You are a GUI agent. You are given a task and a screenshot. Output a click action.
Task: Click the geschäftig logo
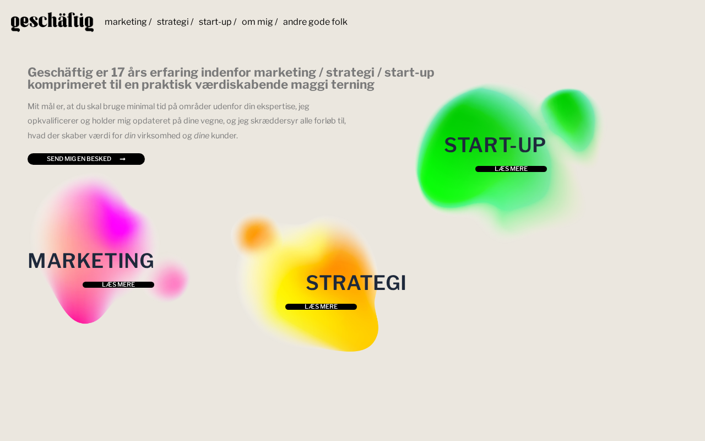[x=52, y=21]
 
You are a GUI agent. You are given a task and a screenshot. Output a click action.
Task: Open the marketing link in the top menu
[x=126, y=21]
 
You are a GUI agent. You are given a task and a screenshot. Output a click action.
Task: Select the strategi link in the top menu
[x=173, y=21]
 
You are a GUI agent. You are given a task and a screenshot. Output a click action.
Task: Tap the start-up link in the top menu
[x=215, y=21]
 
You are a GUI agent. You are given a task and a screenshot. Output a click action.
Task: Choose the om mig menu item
[x=257, y=21]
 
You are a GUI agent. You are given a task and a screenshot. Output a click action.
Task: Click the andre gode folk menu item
[x=315, y=21]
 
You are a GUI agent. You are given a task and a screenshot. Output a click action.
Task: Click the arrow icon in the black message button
[x=123, y=159]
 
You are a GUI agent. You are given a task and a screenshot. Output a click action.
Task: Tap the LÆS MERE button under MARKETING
[x=118, y=285]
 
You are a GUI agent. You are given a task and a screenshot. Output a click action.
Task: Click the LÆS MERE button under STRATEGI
[x=321, y=307]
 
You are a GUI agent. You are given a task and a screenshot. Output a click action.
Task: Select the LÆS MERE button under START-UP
[x=511, y=169]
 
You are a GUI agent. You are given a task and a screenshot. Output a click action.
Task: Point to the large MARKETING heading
[x=91, y=261]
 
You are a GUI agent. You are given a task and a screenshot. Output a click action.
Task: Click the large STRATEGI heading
[x=356, y=283]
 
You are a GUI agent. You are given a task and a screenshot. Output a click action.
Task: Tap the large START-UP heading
[x=495, y=145]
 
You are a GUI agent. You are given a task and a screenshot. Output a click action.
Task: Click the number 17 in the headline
[x=117, y=72]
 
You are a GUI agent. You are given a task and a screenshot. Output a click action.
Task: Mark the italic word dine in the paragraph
[x=202, y=136]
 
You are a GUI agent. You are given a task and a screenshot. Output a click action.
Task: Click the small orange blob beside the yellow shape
[x=257, y=235]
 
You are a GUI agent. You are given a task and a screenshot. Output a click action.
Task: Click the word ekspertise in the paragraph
[x=276, y=107]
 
